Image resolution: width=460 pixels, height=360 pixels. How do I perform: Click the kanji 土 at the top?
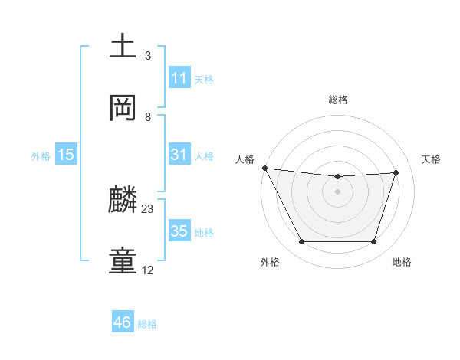coord(124,47)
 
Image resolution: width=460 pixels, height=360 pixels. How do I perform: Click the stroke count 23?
coord(148,208)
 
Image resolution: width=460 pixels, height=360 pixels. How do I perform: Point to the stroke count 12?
coord(148,270)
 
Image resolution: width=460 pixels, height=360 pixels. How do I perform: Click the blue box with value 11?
coord(179,78)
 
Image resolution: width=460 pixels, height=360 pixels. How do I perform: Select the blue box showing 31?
coord(179,155)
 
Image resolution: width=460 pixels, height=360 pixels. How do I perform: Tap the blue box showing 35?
coord(179,231)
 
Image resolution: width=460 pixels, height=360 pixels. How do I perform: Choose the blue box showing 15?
coord(66,155)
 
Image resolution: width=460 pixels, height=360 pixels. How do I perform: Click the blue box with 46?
coord(123,322)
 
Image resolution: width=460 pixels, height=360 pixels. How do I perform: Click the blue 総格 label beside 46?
coord(147,324)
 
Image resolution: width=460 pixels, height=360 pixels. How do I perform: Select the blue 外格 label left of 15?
coord(41,155)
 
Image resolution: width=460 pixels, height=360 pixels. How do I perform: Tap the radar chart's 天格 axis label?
coord(431,159)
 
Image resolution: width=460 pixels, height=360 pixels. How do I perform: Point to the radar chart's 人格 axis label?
coord(245,159)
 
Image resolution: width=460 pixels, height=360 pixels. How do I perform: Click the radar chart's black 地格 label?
coord(402,263)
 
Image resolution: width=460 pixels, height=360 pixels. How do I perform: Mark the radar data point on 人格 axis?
coord(264,168)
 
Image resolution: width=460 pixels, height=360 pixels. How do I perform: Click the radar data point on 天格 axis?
coord(396,172)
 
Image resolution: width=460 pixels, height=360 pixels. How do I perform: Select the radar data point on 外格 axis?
coord(301,242)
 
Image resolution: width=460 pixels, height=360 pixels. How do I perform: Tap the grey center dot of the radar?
coord(337,191)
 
